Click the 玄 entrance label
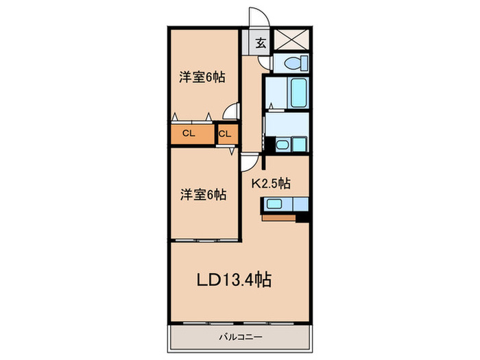tap(261, 43)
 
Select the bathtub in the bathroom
tap(298, 93)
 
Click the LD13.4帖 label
tap(234, 279)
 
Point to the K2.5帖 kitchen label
tap(271, 183)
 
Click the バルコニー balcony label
tap(241, 337)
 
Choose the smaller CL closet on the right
tap(228, 134)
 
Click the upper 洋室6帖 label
tap(202, 77)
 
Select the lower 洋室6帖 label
tap(203, 194)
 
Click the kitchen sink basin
tap(274, 204)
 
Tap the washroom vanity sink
tap(282, 144)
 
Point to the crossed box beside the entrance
tap(291, 39)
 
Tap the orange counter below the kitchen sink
tap(278, 218)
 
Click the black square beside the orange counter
tap(302, 217)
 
